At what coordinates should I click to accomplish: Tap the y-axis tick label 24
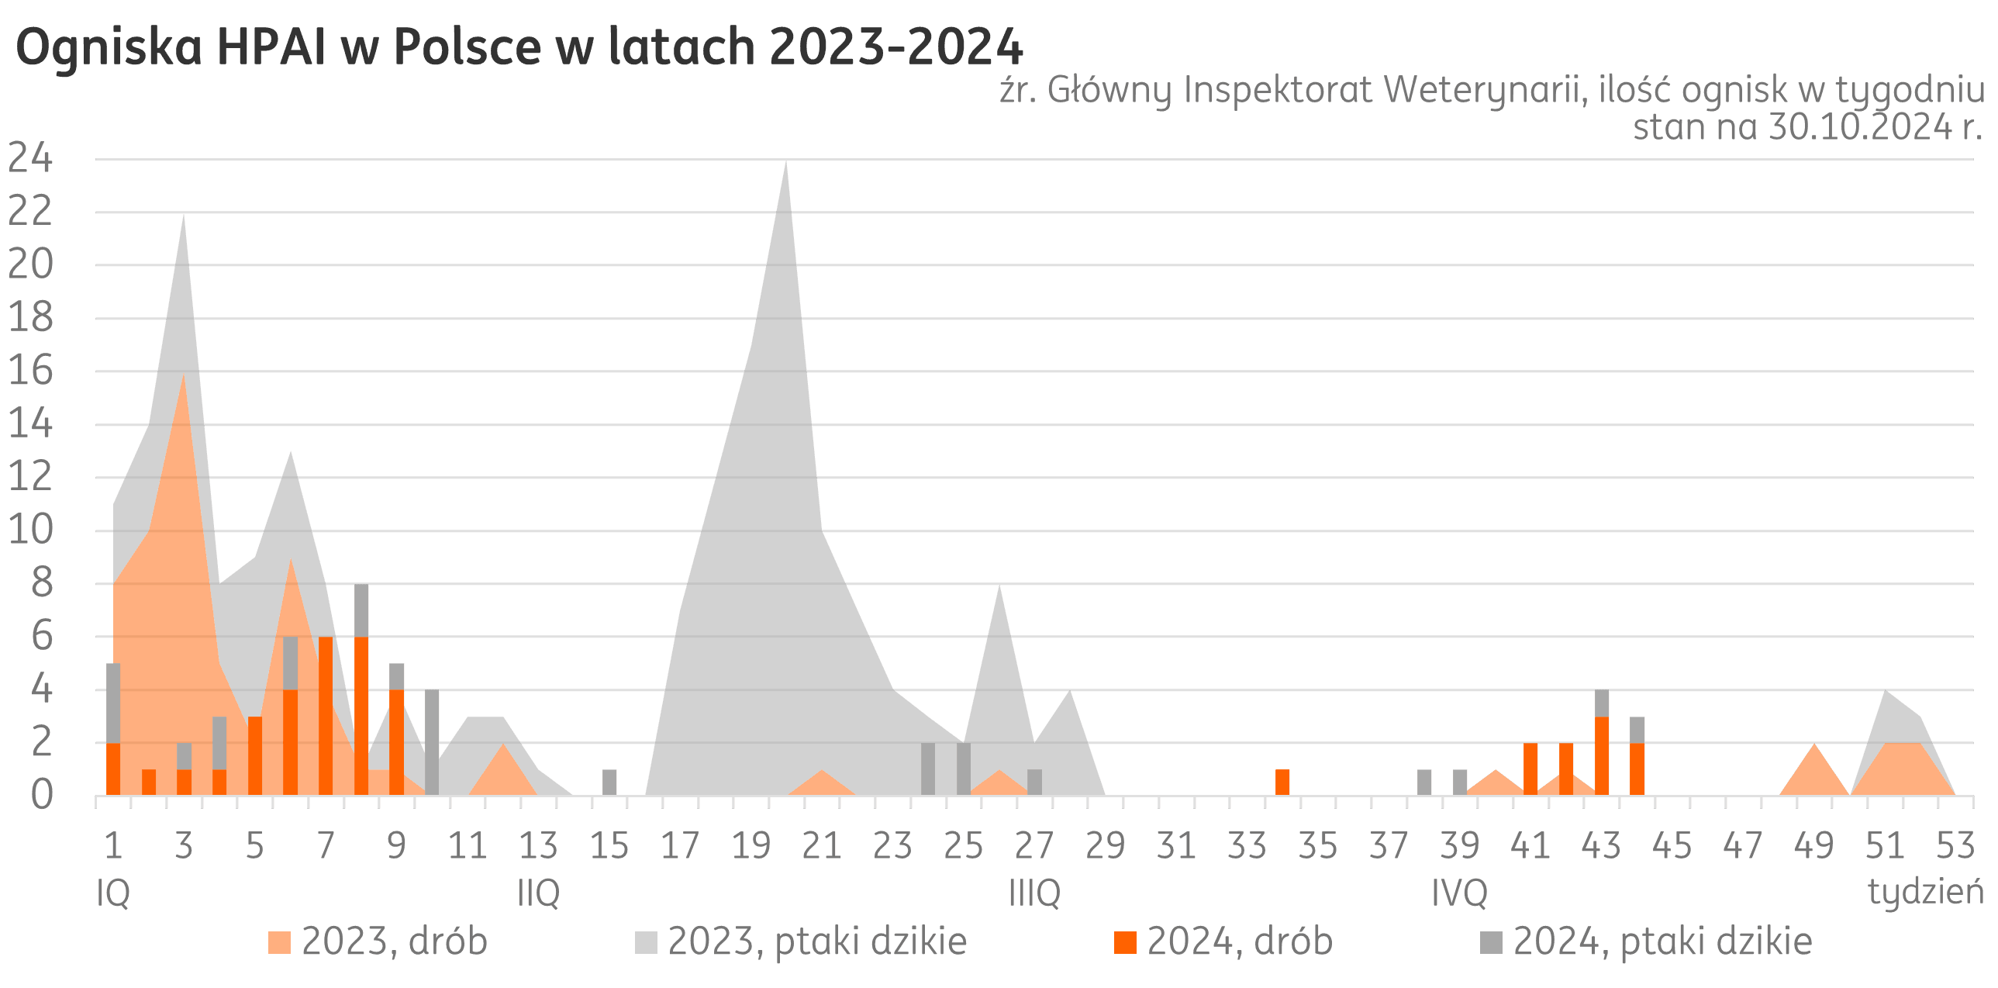pyautogui.click(x=31, y=160)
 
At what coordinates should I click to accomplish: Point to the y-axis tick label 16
pyautogui.click(x=31, y=371)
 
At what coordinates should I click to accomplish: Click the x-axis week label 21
pyautogui.click(x=821, y=846)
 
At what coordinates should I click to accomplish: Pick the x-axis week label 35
pyautogui.click(x=1317, y=846)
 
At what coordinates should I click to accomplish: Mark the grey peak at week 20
pyautogui.click(x=785, y=178)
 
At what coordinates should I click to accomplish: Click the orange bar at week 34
pyautogui.click(x=1282, y=782)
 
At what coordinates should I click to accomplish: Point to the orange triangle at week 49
pyautogui.click(x=1814, y=776)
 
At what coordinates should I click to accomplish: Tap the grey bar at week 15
pyautogui.click(x=609, y=782)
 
